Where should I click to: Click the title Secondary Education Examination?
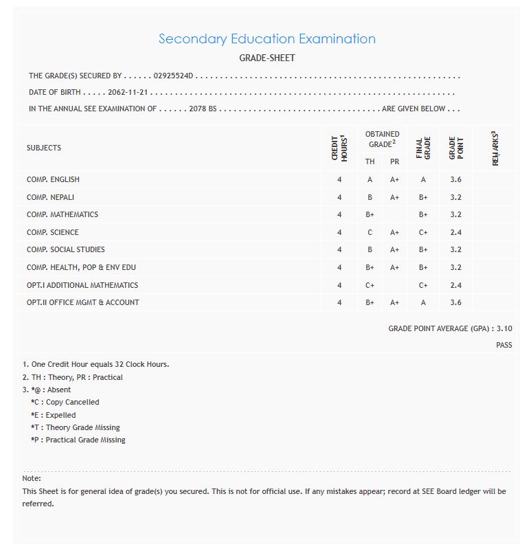(267, 38)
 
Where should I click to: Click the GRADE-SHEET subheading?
(267, 58)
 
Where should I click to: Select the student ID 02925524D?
(174, 76)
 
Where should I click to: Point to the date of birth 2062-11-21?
(128, 92)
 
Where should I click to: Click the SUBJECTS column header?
(44, 148)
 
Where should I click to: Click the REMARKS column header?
(495, 148)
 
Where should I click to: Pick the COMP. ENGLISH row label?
(53, 179)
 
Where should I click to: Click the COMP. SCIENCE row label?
(52, 232)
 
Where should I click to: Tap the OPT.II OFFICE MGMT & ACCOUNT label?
(82, 302)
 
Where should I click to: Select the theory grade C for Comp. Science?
(370, 232)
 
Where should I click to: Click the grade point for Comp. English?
(455, 179)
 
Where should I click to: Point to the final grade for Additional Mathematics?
(423, 285)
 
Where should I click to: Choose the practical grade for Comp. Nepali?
(394, 197)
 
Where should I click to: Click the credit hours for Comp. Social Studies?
(339, 249)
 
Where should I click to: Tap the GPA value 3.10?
(504, 328)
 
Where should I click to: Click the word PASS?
(504, 345)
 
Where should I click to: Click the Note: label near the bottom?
(32, 477)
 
